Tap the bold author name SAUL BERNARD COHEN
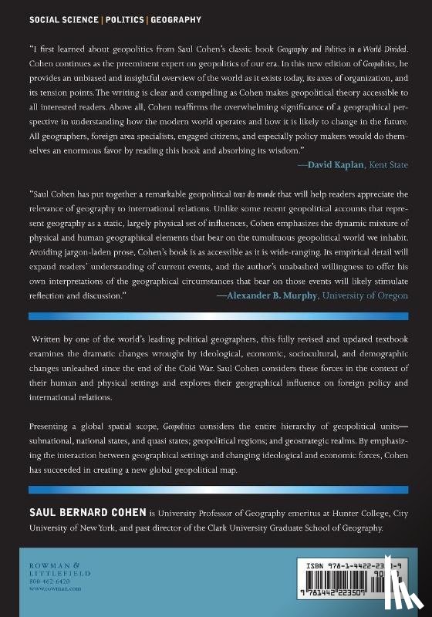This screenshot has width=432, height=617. [x=84, y=511]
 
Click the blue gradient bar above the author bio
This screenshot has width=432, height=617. [x=216, y=490]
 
